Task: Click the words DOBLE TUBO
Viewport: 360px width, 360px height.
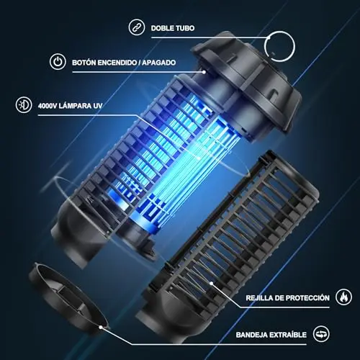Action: (x=173, y=28)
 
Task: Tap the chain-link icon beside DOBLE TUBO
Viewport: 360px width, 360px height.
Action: (x=137, y=27)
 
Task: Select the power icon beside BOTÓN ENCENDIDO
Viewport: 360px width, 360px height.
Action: (x=58, y=62)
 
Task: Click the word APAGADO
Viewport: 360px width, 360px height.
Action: (x=158, y=63)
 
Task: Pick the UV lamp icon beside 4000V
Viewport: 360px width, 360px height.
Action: (x=24, y=105)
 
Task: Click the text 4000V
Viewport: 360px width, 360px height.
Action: (x=47, y=106)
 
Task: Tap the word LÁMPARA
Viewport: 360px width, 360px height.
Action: (x=74, y=106)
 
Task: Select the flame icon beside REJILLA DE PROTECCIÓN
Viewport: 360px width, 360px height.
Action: (x=344, y=297)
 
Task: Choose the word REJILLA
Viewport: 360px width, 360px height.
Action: (x=254, y=298)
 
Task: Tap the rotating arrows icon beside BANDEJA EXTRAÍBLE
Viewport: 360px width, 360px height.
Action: (x=321, y=334)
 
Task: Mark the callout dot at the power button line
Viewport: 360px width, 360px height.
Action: (x=204, y=72)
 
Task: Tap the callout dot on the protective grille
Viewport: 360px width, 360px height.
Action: (x=211, y=284)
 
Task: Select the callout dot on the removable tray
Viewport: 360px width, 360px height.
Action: (x=101, y=327)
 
